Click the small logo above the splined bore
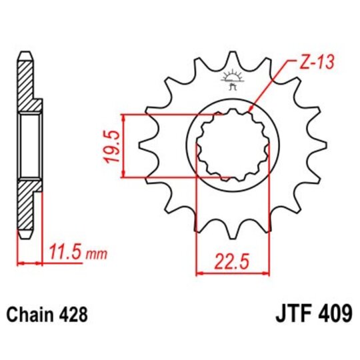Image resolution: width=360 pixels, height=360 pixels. (233, 81)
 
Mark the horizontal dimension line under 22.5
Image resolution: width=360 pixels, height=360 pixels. (233, 272)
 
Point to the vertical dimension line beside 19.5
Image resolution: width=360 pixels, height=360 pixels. (123, 146)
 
